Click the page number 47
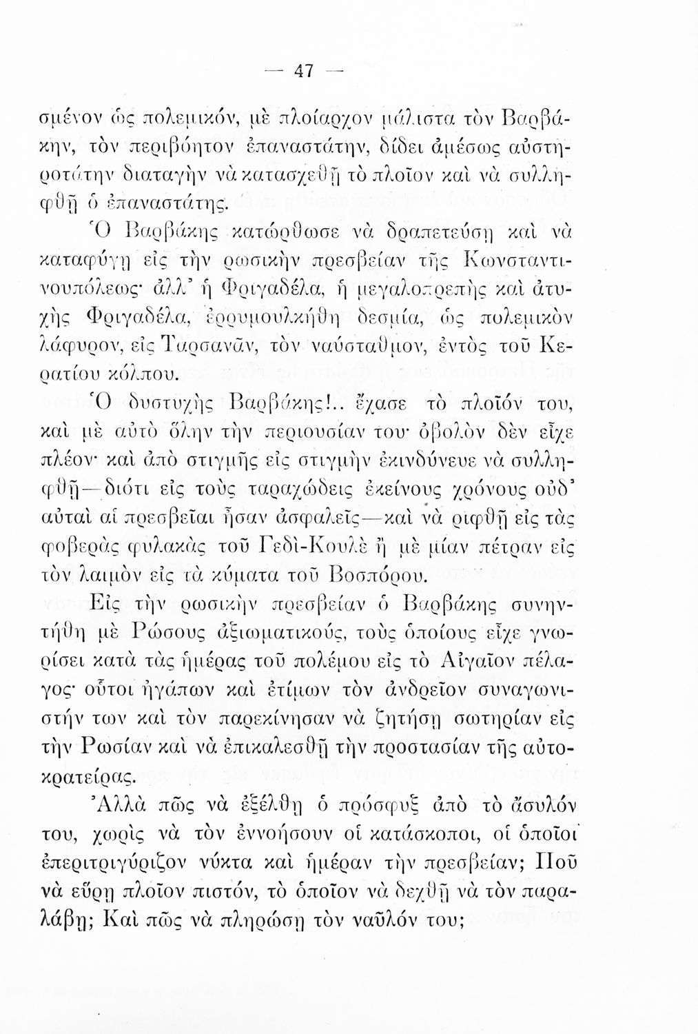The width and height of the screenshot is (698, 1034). (x=304, y=71)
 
